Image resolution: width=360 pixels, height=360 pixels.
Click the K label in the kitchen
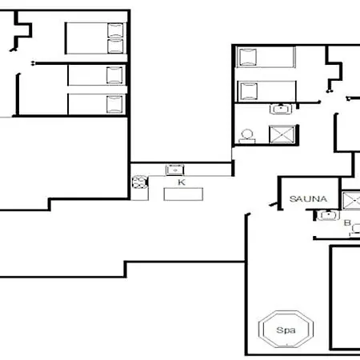tap(182, 182)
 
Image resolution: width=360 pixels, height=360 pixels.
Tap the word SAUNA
tap(306, 198)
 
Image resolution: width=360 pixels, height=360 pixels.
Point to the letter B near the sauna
tap(346, 223)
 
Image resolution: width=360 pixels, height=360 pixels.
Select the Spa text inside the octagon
tap(285, 330)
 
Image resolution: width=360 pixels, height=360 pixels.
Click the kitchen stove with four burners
tap(139, 182)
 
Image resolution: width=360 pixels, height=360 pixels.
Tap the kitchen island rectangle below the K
tap(183, 194)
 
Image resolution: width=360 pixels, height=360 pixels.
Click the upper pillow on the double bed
tap(116, 30)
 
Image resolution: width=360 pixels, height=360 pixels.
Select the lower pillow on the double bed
tap(116, 46)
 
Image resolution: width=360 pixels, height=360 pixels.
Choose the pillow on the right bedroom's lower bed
tap(246, 90)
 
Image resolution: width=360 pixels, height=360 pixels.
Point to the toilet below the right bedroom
tap(246, 135)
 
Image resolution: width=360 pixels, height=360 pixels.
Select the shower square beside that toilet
tap(282, 133)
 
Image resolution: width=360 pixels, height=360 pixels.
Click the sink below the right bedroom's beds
tap(280, 110)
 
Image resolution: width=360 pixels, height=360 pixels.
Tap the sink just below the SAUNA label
tap(326, 214)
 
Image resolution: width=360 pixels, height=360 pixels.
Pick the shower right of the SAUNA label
tap(350, 200)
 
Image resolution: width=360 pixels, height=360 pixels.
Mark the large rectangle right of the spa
tap(345, 296)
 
